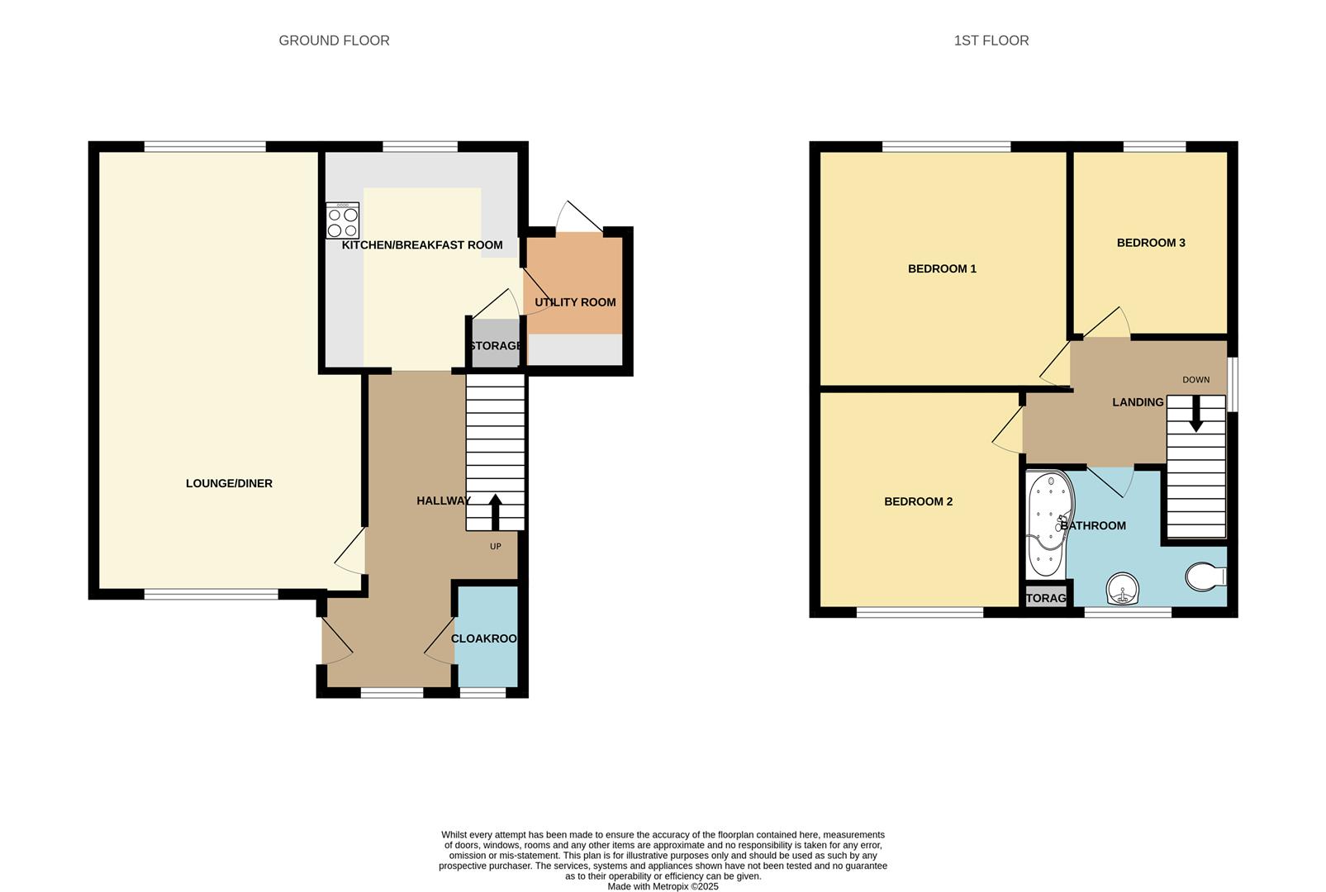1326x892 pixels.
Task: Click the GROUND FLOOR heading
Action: (334, 40)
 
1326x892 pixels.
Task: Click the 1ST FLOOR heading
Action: (991, 40)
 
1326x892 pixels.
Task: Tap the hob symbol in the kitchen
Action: (342, 221)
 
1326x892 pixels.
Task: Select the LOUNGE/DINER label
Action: (229, 484)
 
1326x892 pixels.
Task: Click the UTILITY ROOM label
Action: (575, 302)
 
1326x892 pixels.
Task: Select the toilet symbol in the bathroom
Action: (1205, 576)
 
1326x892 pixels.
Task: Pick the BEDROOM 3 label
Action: (1151, 243)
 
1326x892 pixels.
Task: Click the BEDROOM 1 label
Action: (942, 269)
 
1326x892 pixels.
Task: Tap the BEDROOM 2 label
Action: (918, 502)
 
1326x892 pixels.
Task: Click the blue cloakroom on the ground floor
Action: (487, 638)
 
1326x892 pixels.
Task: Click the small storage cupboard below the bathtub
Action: (1045, 598)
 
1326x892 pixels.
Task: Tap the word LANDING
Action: (1138, 402)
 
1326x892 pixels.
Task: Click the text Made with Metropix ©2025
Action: (663, 886)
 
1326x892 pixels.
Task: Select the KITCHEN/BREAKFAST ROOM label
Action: (422, 245)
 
